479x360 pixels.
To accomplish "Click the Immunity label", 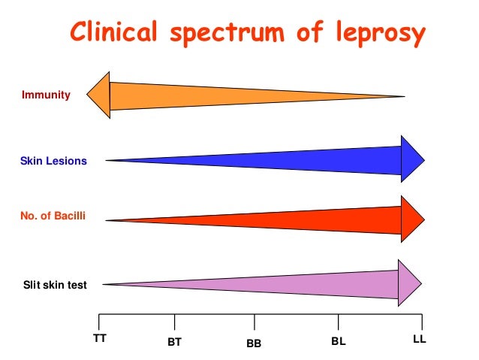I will [x=46, y=95].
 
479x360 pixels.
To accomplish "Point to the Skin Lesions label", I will [x=53, y=161].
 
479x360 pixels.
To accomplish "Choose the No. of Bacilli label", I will [x=53, y=216].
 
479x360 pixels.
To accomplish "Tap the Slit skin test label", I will [x=54, y=285].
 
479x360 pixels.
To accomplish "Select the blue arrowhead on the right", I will [x=412, y=159].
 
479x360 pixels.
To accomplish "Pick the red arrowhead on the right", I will [x=412, y=219].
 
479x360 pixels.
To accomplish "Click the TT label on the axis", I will [x=99, y=338].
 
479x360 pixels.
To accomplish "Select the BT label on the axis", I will [x=175, y=342].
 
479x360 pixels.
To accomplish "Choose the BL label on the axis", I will [x=338, y=342].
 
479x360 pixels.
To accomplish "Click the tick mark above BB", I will [x=255, y=322].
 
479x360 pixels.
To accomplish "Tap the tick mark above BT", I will [x=175, y=322].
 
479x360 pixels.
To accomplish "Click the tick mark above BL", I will [x=338, y=322].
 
